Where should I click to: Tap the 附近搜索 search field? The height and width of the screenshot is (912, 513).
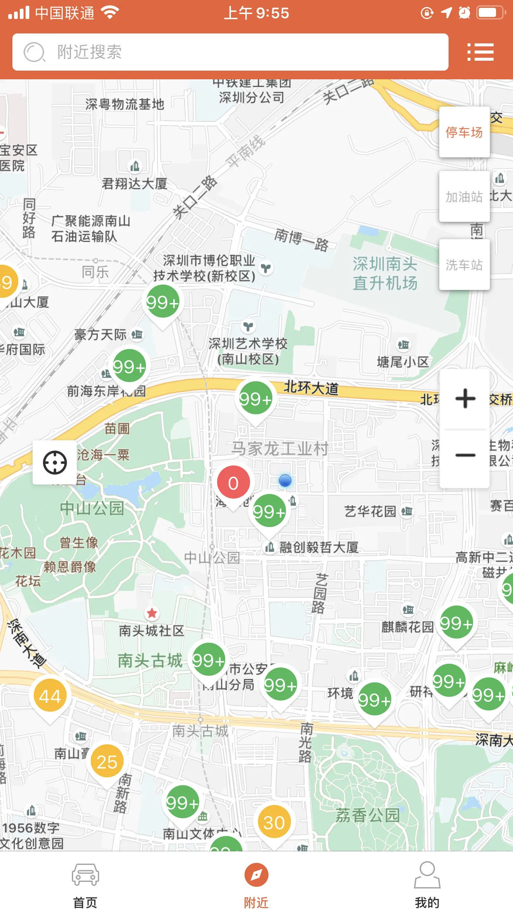point(230,52)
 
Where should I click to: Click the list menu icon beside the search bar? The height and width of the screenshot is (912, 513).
point(480,52)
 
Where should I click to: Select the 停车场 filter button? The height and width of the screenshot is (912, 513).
point(464,132)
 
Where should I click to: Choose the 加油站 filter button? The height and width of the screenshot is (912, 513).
point(464,197)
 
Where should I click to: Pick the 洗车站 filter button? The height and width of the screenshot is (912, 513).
point(464,265)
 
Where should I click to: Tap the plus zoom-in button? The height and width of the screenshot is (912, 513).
point(465,399)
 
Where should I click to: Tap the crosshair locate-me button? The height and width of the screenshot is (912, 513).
point(55,463)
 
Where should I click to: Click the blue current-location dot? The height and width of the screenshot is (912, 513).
point(285,480)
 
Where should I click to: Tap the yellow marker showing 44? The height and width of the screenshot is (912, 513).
point(50,697)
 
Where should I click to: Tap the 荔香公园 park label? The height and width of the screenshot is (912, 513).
point(367,815)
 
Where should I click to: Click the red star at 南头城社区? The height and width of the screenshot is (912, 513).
point(152,613)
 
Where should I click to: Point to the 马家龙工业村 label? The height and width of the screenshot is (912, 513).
point(280,449)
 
